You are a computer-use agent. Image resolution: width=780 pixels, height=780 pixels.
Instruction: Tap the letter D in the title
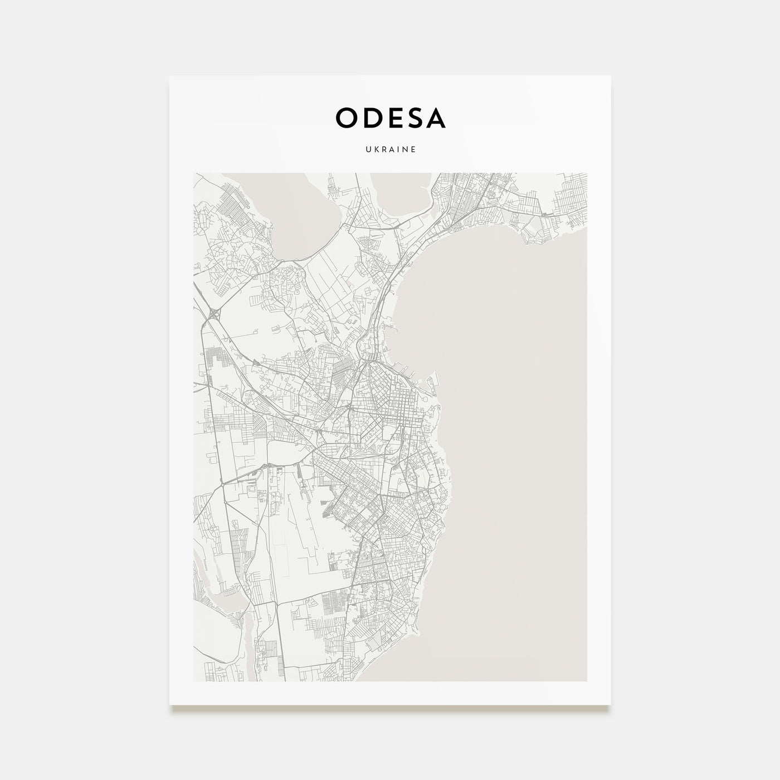click(374, 118)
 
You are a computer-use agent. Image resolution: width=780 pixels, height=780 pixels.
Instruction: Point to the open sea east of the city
click(518, 418)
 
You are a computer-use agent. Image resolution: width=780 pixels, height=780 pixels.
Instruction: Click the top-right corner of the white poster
click(610, 76)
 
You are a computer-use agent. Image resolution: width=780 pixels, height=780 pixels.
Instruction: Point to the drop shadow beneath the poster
click(390, 709)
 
